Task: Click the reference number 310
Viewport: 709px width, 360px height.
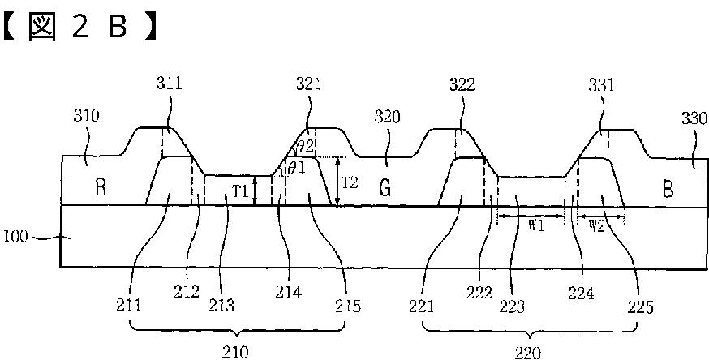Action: point(86,116)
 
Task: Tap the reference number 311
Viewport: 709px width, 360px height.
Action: point(170,84)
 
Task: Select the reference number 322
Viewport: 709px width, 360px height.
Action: point(462,84)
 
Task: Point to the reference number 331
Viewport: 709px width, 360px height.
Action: point(601,85)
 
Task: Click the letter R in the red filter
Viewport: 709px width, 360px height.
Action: point(101,187)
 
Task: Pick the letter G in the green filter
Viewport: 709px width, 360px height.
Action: point(385,188)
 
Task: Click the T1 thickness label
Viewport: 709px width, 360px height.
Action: point(241,192)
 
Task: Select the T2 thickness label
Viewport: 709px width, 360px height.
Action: point(350,182)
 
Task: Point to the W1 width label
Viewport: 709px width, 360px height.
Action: point(536,226)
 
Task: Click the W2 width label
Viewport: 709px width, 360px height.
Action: point(596,226)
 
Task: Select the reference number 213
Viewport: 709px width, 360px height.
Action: point(221,306)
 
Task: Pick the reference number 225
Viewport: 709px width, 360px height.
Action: point(640,307)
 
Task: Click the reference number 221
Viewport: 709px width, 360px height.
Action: point(421,306)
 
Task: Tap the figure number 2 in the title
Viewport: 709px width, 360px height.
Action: point(79,28)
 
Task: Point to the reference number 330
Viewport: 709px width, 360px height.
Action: point(694,119)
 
